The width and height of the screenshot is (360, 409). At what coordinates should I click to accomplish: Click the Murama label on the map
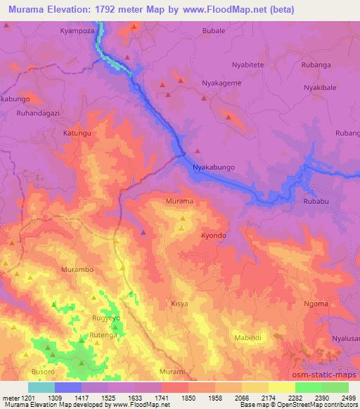click(x=179, y=201)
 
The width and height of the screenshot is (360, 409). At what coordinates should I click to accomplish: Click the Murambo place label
click(x=77, y=270)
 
